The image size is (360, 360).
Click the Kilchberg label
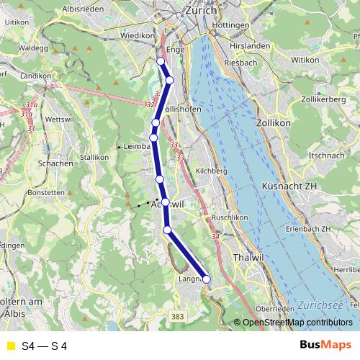[211, 171]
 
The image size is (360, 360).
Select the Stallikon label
[94, 156]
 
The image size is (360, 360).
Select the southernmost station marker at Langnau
[206, 279]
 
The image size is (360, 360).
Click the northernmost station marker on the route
[161, 61]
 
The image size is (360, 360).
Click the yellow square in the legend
[10, 346]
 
